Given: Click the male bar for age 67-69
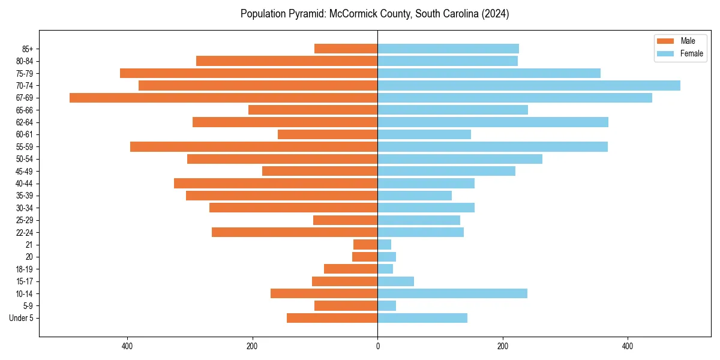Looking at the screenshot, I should tap(223, 98).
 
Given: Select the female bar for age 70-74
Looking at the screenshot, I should tap(529, 86).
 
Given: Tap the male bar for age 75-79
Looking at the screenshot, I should tap(248, 73).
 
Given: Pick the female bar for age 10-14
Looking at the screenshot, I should tap(452, 293).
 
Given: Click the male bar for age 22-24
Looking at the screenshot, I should tap(295, 232).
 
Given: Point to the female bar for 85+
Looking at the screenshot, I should tap(448, 49).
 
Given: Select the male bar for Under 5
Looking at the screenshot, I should tap(332, 318).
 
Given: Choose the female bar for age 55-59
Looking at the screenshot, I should tap(493, 147).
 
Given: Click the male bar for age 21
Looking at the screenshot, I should tap(365, 245).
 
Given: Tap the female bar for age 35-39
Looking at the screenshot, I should tap(415, 196).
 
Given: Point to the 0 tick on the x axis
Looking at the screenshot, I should tap(377, 346).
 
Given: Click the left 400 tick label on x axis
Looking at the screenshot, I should tap(127, 346).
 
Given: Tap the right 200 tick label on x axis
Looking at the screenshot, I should tap(503, 346).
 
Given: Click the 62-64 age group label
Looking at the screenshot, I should tap(24, 122).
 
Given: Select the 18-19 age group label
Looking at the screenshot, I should tap(24, 269).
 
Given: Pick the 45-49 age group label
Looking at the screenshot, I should tap(24, 172).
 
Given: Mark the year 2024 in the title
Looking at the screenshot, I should tap(496, 14).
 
